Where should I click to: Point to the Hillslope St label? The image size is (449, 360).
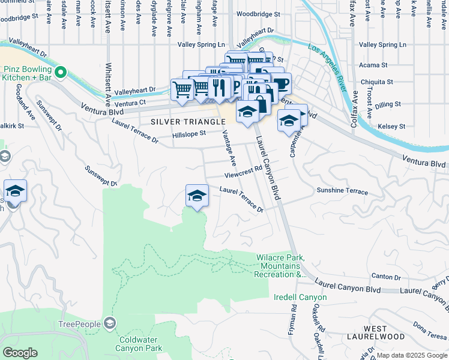tap(189, 134)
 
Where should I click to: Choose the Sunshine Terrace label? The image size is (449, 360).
tap(342, 191)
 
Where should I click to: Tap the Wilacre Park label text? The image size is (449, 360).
tap(281, 266)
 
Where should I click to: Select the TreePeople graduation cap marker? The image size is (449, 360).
tap(109, 324)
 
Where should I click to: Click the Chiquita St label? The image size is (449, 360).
tap(377, 82)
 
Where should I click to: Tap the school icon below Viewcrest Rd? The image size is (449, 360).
tap(197, 196)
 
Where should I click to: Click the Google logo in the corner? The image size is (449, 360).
tap(20, 353)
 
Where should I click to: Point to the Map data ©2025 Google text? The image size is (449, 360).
tap(411, 355)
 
